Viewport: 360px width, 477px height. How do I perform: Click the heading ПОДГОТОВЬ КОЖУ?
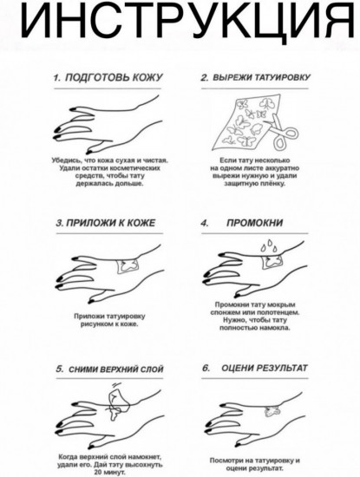coord(113,78)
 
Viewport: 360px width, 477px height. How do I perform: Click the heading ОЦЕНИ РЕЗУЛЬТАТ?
coord(264,369)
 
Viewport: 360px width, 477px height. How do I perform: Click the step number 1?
coord(56,78)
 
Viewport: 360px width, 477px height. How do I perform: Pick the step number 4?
coord(205,223)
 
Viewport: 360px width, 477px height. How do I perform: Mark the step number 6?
coord(206,369)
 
